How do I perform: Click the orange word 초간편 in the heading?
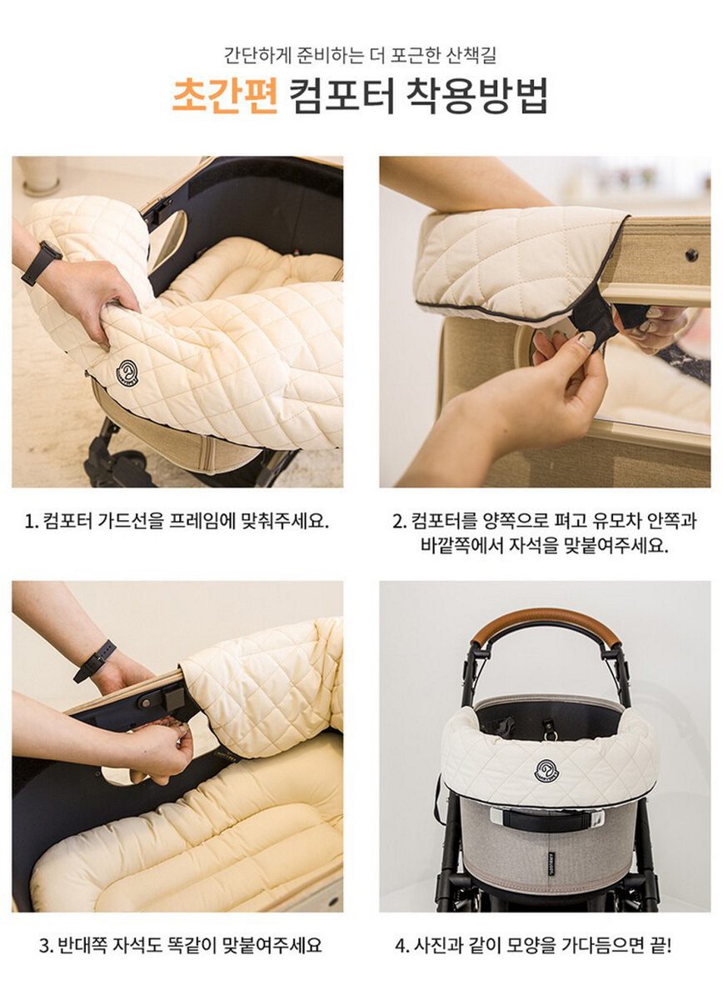pyautogui.click(x=225, y=96)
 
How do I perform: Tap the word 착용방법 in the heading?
pyautogui.click(x=476, y=96)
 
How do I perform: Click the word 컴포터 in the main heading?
pyautogui.click(x=342, y=96)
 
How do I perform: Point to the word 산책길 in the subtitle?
pyautogui.click(x=471, y=57)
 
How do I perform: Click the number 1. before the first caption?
pyautogui.click(x=32, y=522)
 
